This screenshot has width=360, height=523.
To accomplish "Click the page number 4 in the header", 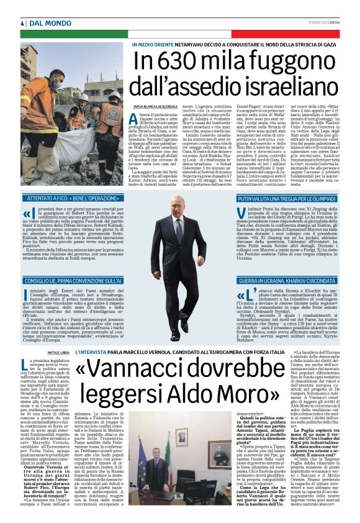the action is pos(22,23).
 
